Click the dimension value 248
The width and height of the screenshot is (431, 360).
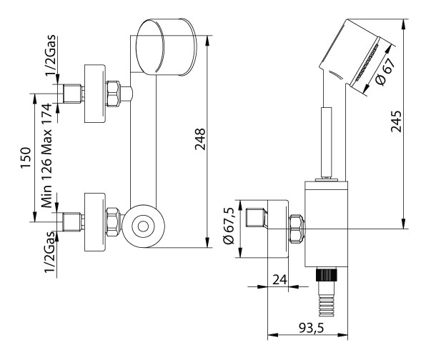(x=200, y=138)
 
